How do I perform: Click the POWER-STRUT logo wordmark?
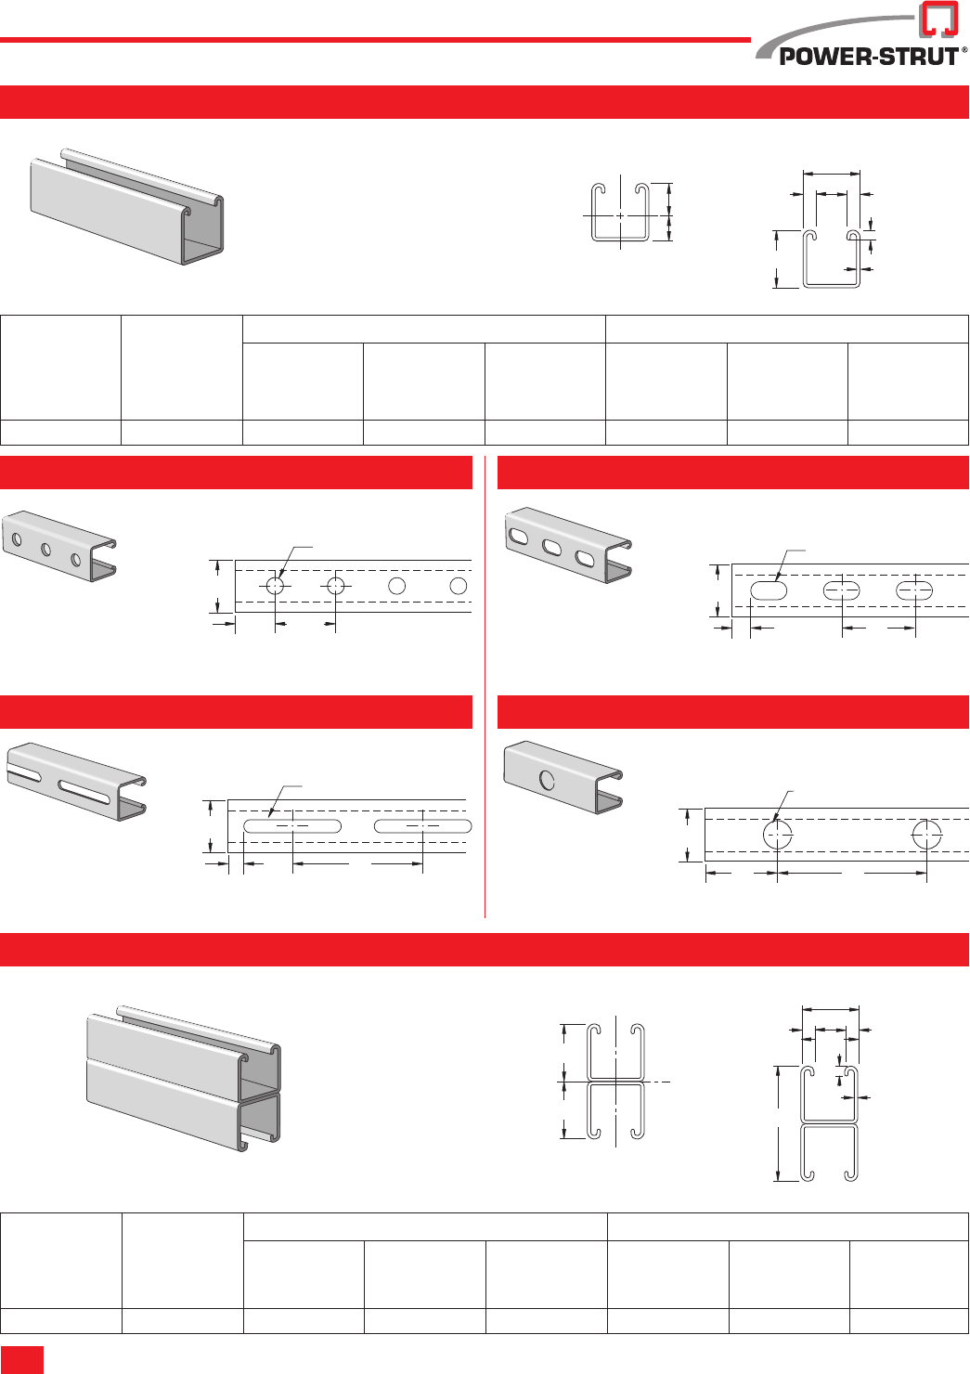868,56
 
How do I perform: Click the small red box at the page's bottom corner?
22,1359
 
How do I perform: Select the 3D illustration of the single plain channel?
128,206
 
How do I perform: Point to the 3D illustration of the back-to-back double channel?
185,1078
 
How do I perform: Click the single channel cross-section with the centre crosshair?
620,214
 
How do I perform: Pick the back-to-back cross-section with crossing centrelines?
615,1082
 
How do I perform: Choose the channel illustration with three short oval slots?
567,546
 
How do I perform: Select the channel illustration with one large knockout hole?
563,776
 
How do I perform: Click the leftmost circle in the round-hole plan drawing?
276,586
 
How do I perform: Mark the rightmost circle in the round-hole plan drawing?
458,586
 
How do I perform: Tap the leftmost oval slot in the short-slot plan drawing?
769,590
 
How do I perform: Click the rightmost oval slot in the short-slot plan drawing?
914,590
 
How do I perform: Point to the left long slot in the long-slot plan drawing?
292,825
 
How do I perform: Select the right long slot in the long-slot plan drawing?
422,825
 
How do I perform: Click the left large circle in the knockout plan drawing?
778,834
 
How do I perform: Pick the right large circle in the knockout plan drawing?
926,834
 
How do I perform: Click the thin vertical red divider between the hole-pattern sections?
485,687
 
